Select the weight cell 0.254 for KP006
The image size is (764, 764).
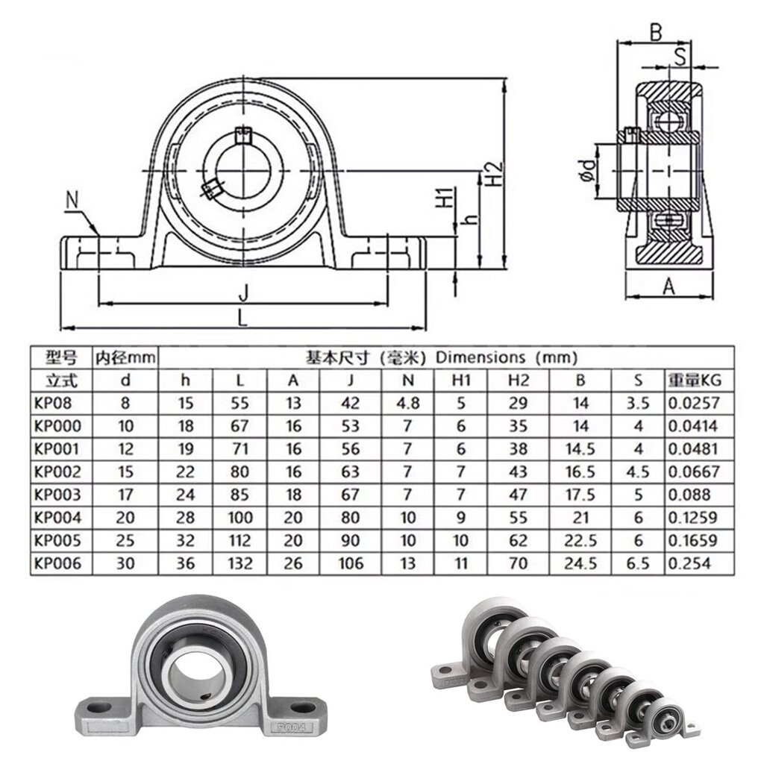click(687, 563)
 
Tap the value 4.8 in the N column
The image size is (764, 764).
click(407, 403)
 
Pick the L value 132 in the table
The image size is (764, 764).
click(239, 563)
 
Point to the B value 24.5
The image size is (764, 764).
click(581, 563)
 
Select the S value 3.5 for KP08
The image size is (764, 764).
click(638, 403)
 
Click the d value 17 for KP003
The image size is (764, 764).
click(126, 495)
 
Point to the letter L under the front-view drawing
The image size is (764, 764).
click(242, 317)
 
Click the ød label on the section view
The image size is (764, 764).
click(587, 170)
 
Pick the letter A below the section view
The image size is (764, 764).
click(668, 285)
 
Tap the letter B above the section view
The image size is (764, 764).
click(655, 32)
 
